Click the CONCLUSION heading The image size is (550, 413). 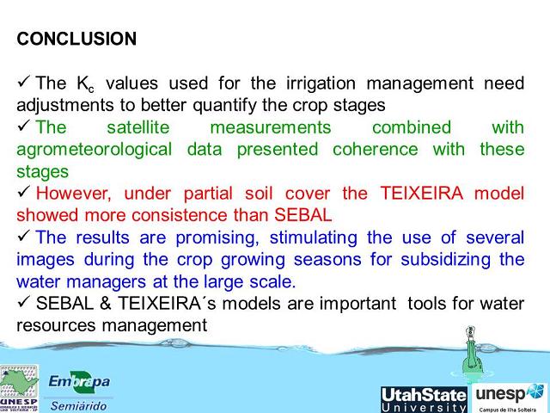(x=76, y=40)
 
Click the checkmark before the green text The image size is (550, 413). (x=23, y=126)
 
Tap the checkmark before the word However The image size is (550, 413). (x=23, y=192)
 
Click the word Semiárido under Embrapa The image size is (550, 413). (x=79, y=404)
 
